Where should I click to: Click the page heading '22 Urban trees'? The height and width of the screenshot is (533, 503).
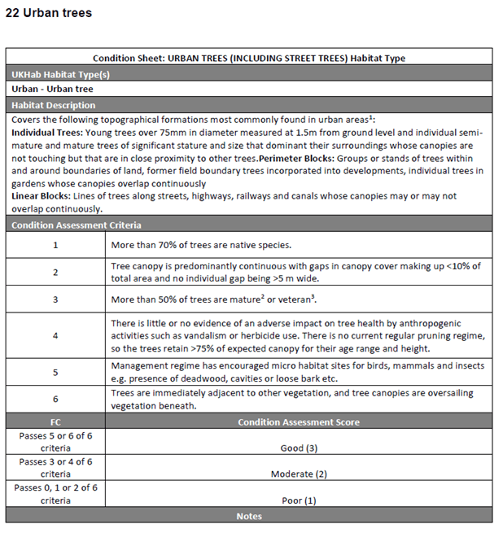(49, 13)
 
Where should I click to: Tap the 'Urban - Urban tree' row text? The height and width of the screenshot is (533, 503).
(52, 90)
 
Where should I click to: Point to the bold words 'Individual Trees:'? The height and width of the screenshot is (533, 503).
(46, 132)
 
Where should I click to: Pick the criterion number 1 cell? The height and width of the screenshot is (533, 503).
(55, 244)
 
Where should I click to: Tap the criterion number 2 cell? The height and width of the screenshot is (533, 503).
(55, 273)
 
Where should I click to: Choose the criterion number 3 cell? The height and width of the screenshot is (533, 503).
(55, 299)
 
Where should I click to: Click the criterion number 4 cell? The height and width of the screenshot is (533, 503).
(55, 335)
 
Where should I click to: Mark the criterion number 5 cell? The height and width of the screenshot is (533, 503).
(55, 372)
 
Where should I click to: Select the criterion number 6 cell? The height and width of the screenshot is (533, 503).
(55, 400)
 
